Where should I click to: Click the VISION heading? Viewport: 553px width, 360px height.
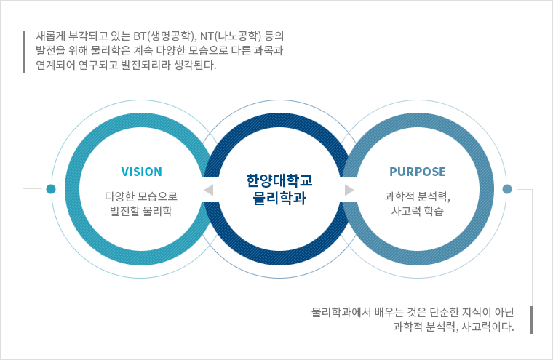[x=141, y=172]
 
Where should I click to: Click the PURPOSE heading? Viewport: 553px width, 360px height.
[x=417, y=172]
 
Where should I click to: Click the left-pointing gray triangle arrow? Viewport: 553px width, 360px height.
[x=208, y=190]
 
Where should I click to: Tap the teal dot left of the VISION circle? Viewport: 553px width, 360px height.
[x=50, y=189]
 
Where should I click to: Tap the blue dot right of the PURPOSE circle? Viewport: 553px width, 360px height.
[x=507, y=189]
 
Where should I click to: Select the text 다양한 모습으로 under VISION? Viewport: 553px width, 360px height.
[x=141, y=196]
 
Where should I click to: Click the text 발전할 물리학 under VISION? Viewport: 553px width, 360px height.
[x=141, y=211]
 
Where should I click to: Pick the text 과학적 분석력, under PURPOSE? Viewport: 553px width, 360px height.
[x=418, y=196]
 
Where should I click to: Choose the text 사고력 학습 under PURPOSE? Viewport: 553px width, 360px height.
[x=418, y=211]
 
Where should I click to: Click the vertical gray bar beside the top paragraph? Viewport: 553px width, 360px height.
[x=24, y=51]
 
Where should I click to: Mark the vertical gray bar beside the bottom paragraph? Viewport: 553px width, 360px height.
[x=532, y=319]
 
